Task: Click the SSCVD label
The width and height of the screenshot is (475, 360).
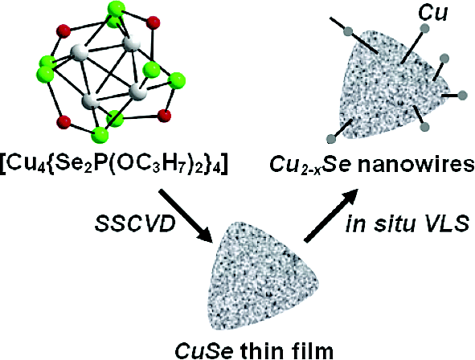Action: [x=135, y=224]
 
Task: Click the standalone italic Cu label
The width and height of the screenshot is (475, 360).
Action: [x=432, y=13]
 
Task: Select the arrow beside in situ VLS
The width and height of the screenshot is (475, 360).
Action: [x=331, y=215]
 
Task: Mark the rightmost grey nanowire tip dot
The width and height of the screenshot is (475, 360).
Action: [x=462, y=95]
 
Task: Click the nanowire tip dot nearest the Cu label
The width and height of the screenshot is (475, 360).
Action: [x=424, y=28]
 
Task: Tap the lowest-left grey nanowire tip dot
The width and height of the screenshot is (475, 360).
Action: [x=331, y=139]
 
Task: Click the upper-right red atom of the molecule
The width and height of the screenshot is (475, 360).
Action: [x=153, y=23]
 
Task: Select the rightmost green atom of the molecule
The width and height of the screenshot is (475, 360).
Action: [x=177, y=81]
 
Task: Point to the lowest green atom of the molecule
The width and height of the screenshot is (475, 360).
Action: [x=100, y=134]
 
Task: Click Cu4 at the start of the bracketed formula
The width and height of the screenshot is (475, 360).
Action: [x=21, y=166]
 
